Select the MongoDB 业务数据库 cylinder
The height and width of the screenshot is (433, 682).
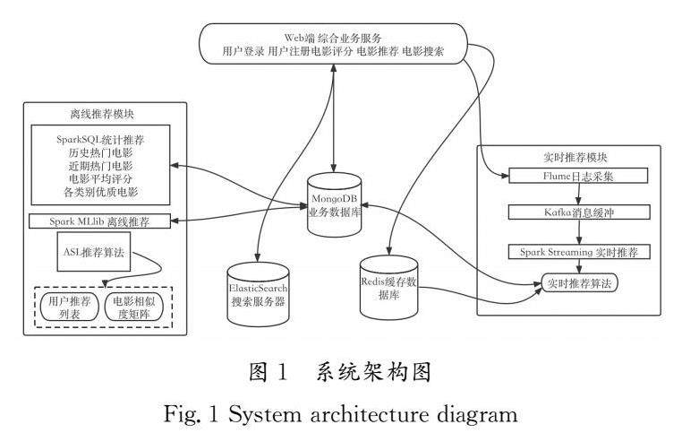pos(334,205)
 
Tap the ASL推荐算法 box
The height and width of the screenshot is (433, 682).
pos(90,254)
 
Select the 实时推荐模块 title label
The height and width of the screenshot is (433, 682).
pos(570,156)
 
